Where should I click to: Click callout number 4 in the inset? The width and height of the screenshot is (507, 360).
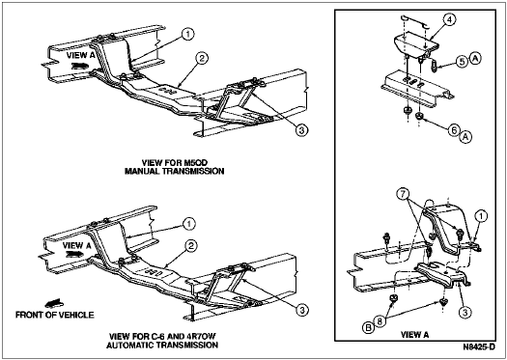(449, 19)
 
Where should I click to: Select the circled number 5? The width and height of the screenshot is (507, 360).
(462, 62)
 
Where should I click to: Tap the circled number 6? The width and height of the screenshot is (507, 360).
(454, 130)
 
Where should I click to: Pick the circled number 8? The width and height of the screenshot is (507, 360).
(380, 321)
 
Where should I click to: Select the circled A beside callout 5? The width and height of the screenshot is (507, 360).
(474, 58)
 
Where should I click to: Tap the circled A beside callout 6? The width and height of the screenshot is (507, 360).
(465, 138)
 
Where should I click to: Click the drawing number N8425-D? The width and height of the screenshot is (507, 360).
(479, 347)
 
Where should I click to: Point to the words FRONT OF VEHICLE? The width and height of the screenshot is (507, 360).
(55, 315)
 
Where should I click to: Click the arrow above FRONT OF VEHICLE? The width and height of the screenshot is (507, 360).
(54, 303)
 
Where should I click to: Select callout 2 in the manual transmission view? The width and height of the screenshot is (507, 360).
(202, 59)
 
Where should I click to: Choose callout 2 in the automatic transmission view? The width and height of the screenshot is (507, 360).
(191, 246)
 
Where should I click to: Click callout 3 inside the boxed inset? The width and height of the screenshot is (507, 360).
(465, 312)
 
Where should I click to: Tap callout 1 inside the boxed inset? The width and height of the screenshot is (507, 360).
(481, 217)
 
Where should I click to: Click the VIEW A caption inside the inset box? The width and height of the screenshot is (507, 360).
(415, 335)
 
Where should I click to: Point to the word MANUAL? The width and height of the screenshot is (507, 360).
(143, 171)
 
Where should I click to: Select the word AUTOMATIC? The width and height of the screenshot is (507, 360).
(130, 346)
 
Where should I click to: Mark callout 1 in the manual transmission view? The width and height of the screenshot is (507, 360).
(187, 34)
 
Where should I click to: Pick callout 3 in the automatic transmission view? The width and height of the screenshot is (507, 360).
(302, 310)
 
